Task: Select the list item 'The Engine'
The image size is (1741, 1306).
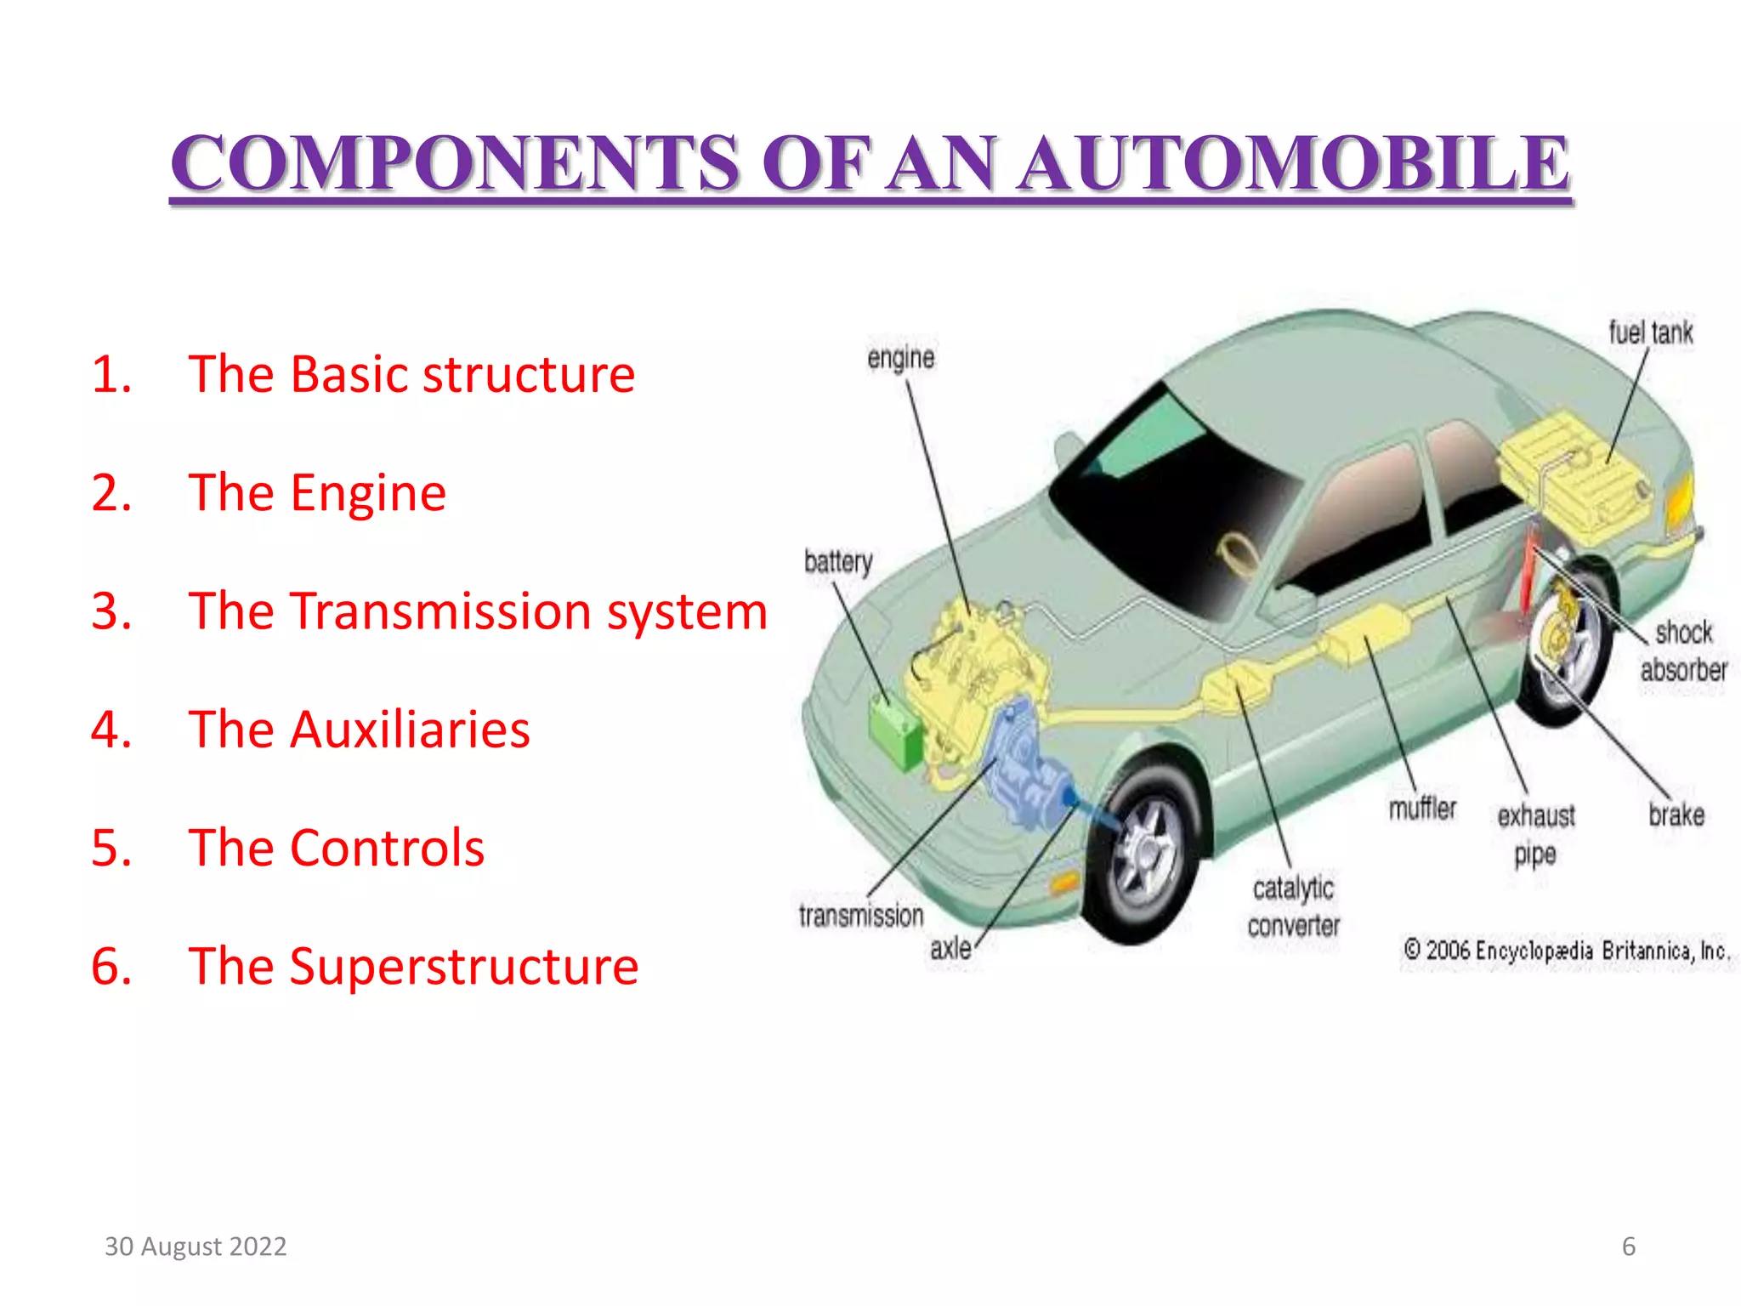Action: pyautogui.click(x=316, y=493)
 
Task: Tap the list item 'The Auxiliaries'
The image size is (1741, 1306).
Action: pyautogui.click(x=359, y=730)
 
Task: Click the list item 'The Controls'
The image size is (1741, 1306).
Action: pyautogui.click(x=336, y=849)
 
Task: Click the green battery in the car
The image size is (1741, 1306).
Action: pyautogui.click(x=894, y=729)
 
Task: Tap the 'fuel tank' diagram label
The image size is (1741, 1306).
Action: pyautogui.click(x=1650, y=332)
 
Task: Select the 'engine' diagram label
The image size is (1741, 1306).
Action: pyautogui.click(x=900, y=359)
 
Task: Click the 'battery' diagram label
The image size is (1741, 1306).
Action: pyautogui.click(x=838, y=562)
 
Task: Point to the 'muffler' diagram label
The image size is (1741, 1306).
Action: pyautogui.click(x=1422, y=808)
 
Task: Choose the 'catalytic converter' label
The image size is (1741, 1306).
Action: pyautogui.click(x=1293, y=906)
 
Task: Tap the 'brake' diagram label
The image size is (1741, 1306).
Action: pyautogui.click(x=1676, y=815)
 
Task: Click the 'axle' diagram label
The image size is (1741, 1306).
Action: pyautogui.click(x=950, y=948)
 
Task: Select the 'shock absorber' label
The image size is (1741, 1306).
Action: pyautogui.click(x=1683, y=651)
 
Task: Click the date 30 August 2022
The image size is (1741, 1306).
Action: pyautogui.click(x=196, y=1246)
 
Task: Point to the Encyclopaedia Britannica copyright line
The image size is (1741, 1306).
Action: pyautogui.click(x=1566, y=951)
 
